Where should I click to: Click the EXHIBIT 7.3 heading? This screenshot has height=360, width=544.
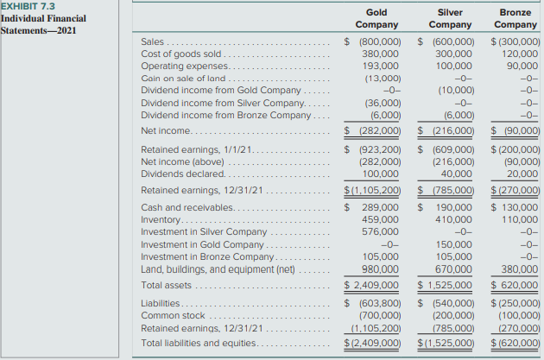coord(27,6)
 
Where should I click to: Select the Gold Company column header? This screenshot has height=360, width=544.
coord(376,19)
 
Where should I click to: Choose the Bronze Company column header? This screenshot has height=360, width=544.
coord(516,19)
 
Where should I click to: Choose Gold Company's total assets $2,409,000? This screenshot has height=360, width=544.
coord(374,284)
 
